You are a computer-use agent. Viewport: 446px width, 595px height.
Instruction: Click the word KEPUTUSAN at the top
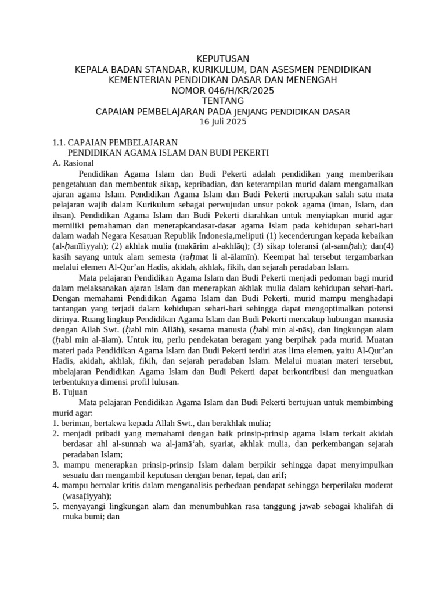coord(223,59)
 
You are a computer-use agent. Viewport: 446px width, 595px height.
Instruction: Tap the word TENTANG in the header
coord(223,101)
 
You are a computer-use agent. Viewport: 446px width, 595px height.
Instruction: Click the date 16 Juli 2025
coord(223,122)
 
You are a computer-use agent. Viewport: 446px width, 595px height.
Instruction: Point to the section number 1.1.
coord(59,142)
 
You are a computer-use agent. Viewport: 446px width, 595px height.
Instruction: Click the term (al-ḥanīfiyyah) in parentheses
coord(77,246)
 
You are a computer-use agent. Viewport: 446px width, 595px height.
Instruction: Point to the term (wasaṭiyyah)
coord(87,496)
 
